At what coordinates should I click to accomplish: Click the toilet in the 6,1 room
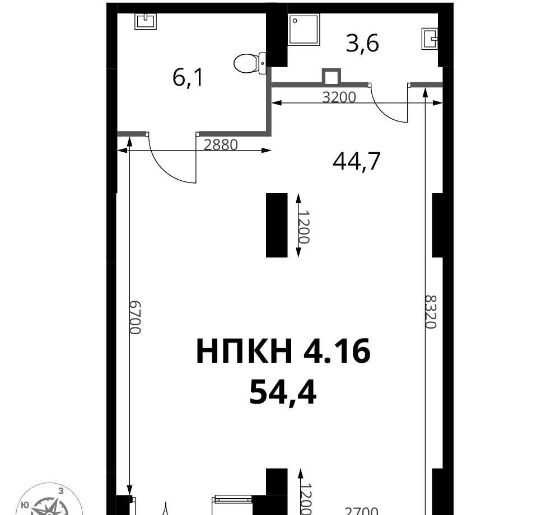click(x=250, y=63)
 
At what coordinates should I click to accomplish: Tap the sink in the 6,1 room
click(x=146, y=21)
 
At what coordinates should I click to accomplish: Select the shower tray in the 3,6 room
click(x=304, y=29)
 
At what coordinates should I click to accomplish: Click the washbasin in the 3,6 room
click(x=430, y=39)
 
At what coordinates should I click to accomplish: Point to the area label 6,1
click(x=188, y=77)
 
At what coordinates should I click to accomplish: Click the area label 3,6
click(x=362, y=44)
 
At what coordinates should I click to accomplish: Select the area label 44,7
click(x=356, y=161)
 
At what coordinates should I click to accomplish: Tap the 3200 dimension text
click(x=339, y=97)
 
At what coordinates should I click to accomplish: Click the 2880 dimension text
click(x=221, y=145)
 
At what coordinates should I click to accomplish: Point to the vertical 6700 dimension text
click(x=136, y=317)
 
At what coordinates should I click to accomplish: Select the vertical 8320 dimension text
click(x=431, y=312)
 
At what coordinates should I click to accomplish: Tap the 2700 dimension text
click(x=361, y=511)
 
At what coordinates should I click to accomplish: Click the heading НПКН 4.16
click(x=283, y=351)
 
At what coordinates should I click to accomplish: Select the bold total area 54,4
click(x=283, y=392)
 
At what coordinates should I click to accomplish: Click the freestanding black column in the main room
click(x=277, y=225)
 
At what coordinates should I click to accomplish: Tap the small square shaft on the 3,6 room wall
click(x=332, y=76)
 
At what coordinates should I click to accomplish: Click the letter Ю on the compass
click(x=25, y=505)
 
